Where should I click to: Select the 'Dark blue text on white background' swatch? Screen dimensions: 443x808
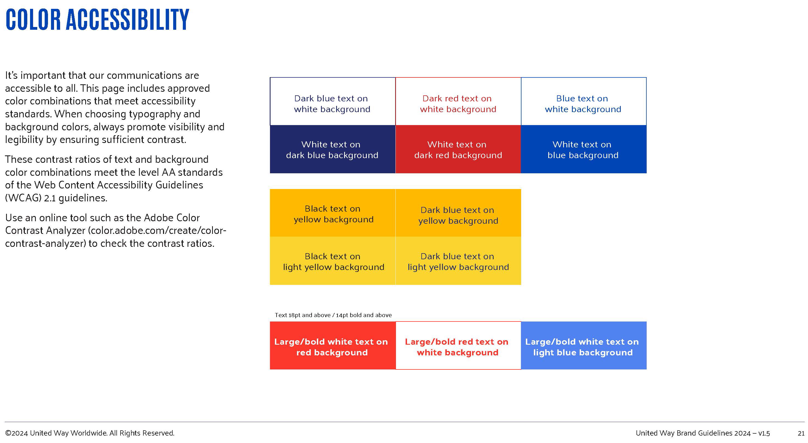[333, 101]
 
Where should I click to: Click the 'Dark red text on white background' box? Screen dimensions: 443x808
[458, 101]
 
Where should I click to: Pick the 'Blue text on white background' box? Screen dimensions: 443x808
[584, 101]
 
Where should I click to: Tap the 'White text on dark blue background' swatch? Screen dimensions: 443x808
[333, 149]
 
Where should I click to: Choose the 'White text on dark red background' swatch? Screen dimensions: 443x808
[458, 149]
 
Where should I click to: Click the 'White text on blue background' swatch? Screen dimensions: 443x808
[584, 149]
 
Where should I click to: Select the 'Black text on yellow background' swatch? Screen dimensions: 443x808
[333, 213]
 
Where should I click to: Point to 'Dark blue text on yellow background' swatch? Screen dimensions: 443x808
[458, 213]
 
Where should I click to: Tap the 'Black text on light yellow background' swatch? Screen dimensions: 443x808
[333, 261]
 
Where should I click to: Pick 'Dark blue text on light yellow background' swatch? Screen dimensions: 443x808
[458, 261]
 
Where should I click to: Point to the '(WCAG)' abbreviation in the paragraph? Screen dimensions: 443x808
[23, 198]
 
